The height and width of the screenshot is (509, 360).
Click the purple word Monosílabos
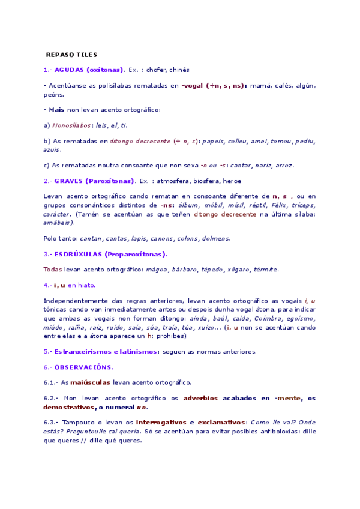(x=72, y=125)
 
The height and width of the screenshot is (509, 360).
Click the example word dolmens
(x=217, y=238)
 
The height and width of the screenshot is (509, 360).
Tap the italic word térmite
(x=264, y=270)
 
